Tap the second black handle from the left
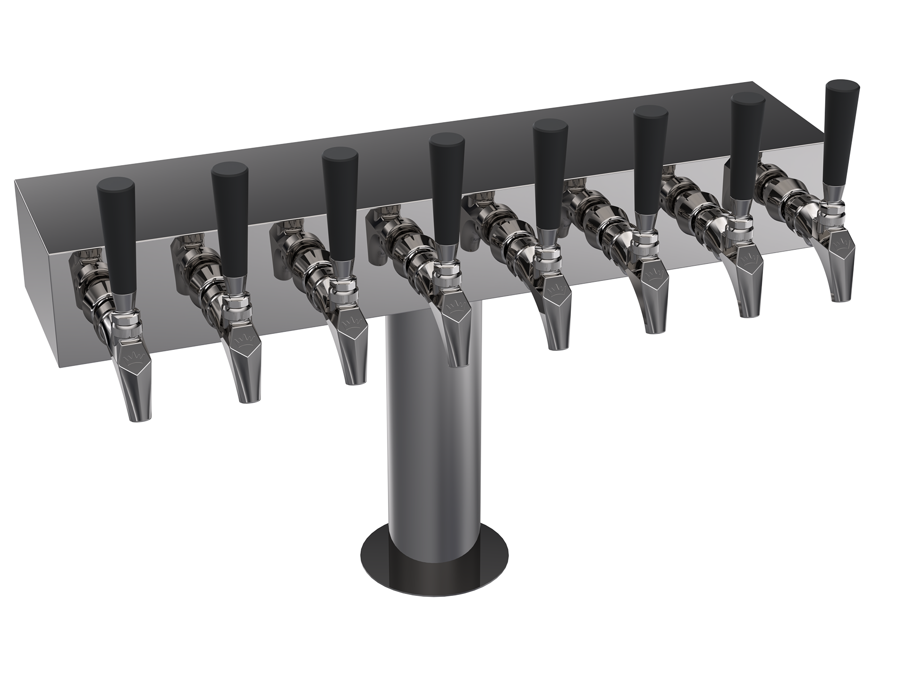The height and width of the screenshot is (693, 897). (x=230, y=217)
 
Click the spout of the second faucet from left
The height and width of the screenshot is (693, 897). (x=248, y=378)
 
